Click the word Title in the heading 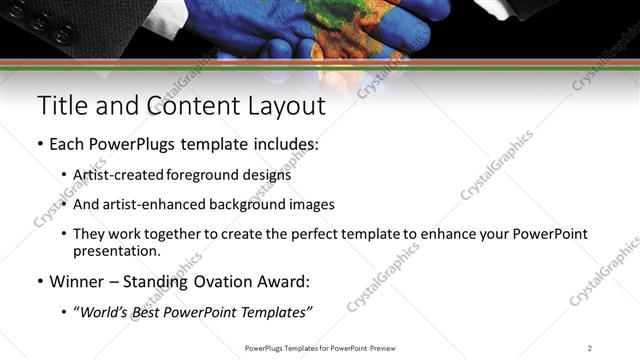pos(62,106)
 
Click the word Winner pos(76,282)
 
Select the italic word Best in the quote pos(158,313)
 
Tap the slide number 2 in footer pos(589,348)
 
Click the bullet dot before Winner pos(40,282)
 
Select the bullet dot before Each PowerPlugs pos(40,145)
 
